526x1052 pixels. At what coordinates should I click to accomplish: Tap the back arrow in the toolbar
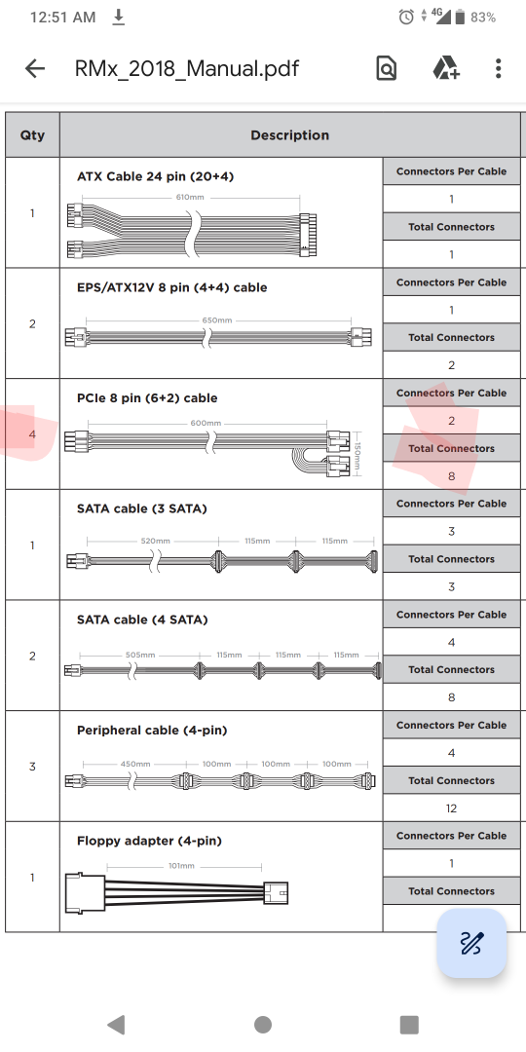(x=34, y=68)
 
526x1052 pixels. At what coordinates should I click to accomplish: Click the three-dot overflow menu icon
(x=498, y=68)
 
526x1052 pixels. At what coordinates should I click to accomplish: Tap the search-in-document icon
(x=387, y=68)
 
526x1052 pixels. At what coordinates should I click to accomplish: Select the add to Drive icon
(x=445, y=68)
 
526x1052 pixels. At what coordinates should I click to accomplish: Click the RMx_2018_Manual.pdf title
(x=187, y=68)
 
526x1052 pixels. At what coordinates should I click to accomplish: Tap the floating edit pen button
(x=471, y=943)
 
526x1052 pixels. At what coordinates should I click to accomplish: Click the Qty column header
(x=32, y=134)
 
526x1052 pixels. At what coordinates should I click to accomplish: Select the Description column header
(x=290, y=134)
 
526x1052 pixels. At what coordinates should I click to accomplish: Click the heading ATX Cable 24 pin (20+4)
(x=155, y=176)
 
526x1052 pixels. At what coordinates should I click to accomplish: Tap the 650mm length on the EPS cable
(x=216, y=320)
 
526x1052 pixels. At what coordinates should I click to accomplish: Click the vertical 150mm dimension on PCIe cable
(x=357, y=455)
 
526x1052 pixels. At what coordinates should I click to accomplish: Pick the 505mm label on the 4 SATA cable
(x=140, y=655)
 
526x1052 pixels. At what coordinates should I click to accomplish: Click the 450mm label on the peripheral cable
(x=134, y=764)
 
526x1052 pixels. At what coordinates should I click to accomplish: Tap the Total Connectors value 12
(x=452, y=808)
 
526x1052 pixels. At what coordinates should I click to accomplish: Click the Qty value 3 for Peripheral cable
(x=32, y=767)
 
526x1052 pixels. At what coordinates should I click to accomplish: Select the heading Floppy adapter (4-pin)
(x=150, y=841)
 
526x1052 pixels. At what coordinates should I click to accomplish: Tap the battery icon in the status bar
(x=460, y=18)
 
